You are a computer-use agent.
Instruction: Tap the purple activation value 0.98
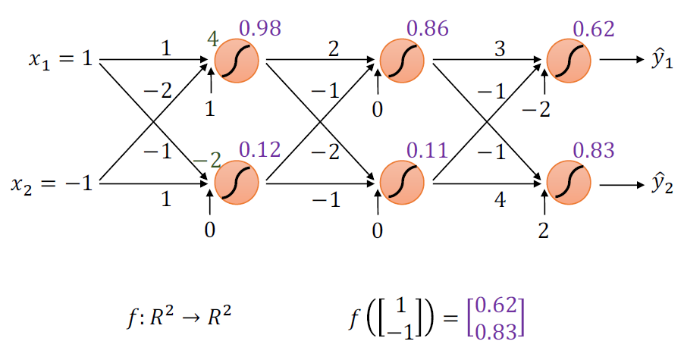tap(260, 30)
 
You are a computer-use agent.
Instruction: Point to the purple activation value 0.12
tap(260, 149)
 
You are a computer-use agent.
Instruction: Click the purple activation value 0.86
tap(427, 30)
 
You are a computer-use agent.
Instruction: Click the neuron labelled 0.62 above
tap(568, 60)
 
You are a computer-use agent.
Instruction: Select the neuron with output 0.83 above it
tap(568, 182)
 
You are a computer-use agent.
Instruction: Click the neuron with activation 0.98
tap(237, 60)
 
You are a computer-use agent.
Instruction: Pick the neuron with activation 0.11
tap(402, 182)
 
